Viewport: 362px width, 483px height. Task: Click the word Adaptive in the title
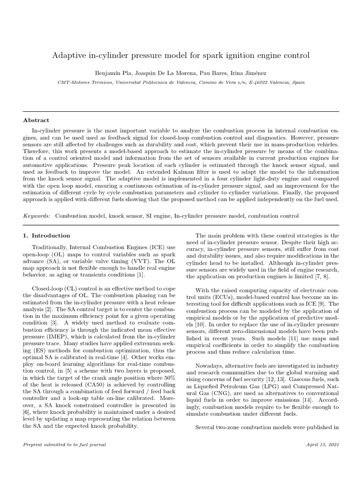click(x=68, y=56)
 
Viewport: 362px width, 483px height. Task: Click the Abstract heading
click(x=36, y=120)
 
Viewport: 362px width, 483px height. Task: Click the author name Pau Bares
click(x=211, y=74)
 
